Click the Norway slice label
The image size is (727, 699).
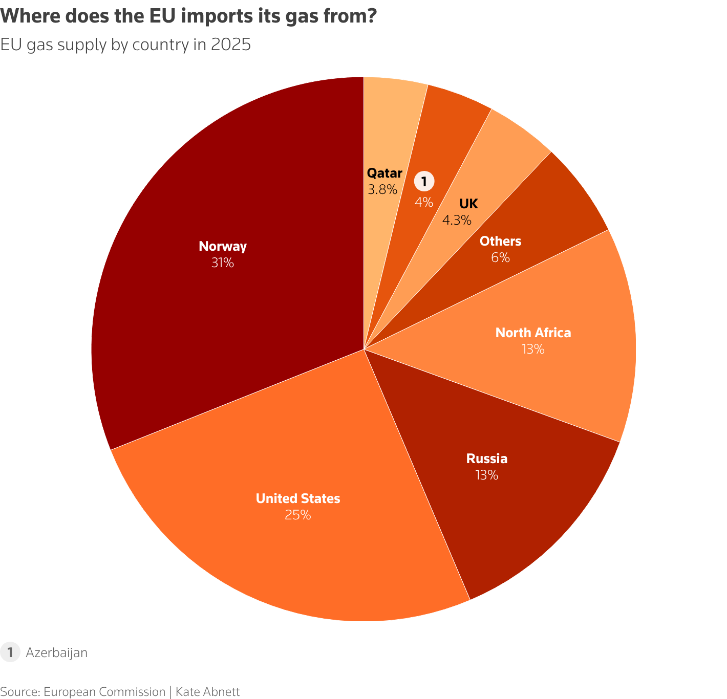[223, 247]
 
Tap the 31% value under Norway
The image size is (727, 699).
[223, 263]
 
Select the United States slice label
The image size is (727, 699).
[298, 498]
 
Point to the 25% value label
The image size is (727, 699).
[298, 515]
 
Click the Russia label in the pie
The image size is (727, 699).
[487, 458]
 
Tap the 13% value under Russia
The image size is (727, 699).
[487, 475]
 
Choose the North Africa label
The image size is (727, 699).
[533, 333]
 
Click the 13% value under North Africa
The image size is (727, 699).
[533, 349]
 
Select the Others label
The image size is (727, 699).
[500, 241]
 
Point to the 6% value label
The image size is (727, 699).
[500, 257]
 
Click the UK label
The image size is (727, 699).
[468, 204]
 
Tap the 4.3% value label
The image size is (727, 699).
[457, 221]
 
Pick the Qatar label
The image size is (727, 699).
[385, 173]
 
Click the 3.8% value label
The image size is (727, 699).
[382, 190]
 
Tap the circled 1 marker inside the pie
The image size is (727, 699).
[424, 181]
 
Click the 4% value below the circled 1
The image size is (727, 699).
[424, 202]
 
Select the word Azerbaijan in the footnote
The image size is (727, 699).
[57, 653]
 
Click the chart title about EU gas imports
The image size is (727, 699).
[189, 16]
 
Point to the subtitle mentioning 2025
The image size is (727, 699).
[125, 45]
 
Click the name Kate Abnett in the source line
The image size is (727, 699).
[207, 692]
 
